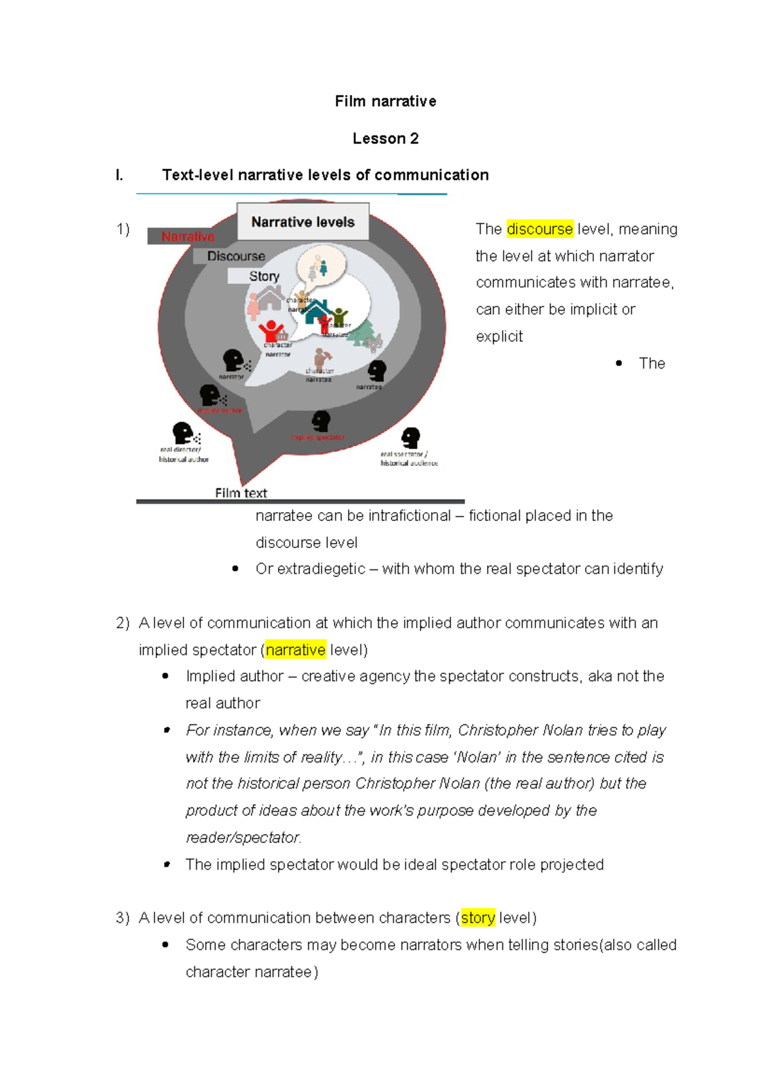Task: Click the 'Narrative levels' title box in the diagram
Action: tap(302, 222)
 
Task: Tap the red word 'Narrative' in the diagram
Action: tap(188, 237)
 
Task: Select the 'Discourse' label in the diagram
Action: tap(235, 256)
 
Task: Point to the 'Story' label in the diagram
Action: tap(264, 276)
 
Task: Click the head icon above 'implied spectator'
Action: tap(320, 421)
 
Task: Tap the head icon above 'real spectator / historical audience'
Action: tap(410, 437)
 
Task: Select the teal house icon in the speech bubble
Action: tap(317, 311)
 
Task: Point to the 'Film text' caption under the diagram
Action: tap(241, 493)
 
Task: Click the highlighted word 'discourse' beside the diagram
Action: tap(539, 229)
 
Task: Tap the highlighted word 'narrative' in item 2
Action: tap(295, 650)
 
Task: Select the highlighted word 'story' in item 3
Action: tap(478, 918)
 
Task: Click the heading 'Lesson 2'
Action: tap(385, 138)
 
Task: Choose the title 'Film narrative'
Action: tap(385, 101)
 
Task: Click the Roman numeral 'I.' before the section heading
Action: tap(119, 175)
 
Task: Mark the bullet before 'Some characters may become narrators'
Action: tap(165, 944)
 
